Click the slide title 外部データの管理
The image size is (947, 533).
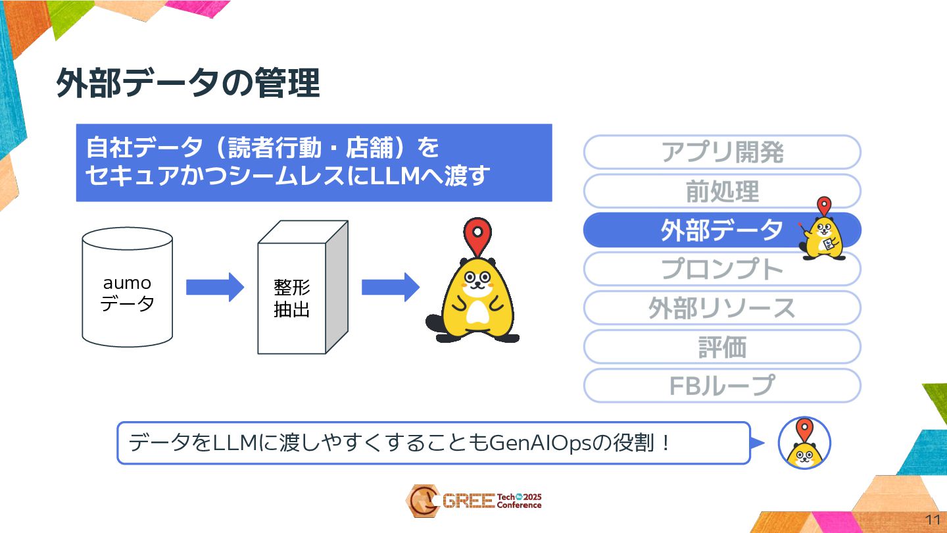(x=187, y=83)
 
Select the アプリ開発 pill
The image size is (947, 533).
(x=721, y=153)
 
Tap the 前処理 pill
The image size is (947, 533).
(x=721, y=191)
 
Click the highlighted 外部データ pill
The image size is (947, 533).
(x=721, y=230)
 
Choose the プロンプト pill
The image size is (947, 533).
(x=721, y=269)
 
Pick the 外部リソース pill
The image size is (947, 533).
(x=721, y=308)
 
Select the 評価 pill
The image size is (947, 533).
(x=721, y=347)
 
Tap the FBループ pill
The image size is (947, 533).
(x=721, y=386)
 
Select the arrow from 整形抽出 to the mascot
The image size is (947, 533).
(x=390, y=287)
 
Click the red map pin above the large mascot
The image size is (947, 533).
(x=478, y=234)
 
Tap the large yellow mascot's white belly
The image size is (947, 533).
(x=477, y=311)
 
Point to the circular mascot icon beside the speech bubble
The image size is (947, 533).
(x=804, y=443)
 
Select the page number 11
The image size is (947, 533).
(x=933, y=519)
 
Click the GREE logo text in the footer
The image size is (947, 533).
(x=468, y=501)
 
